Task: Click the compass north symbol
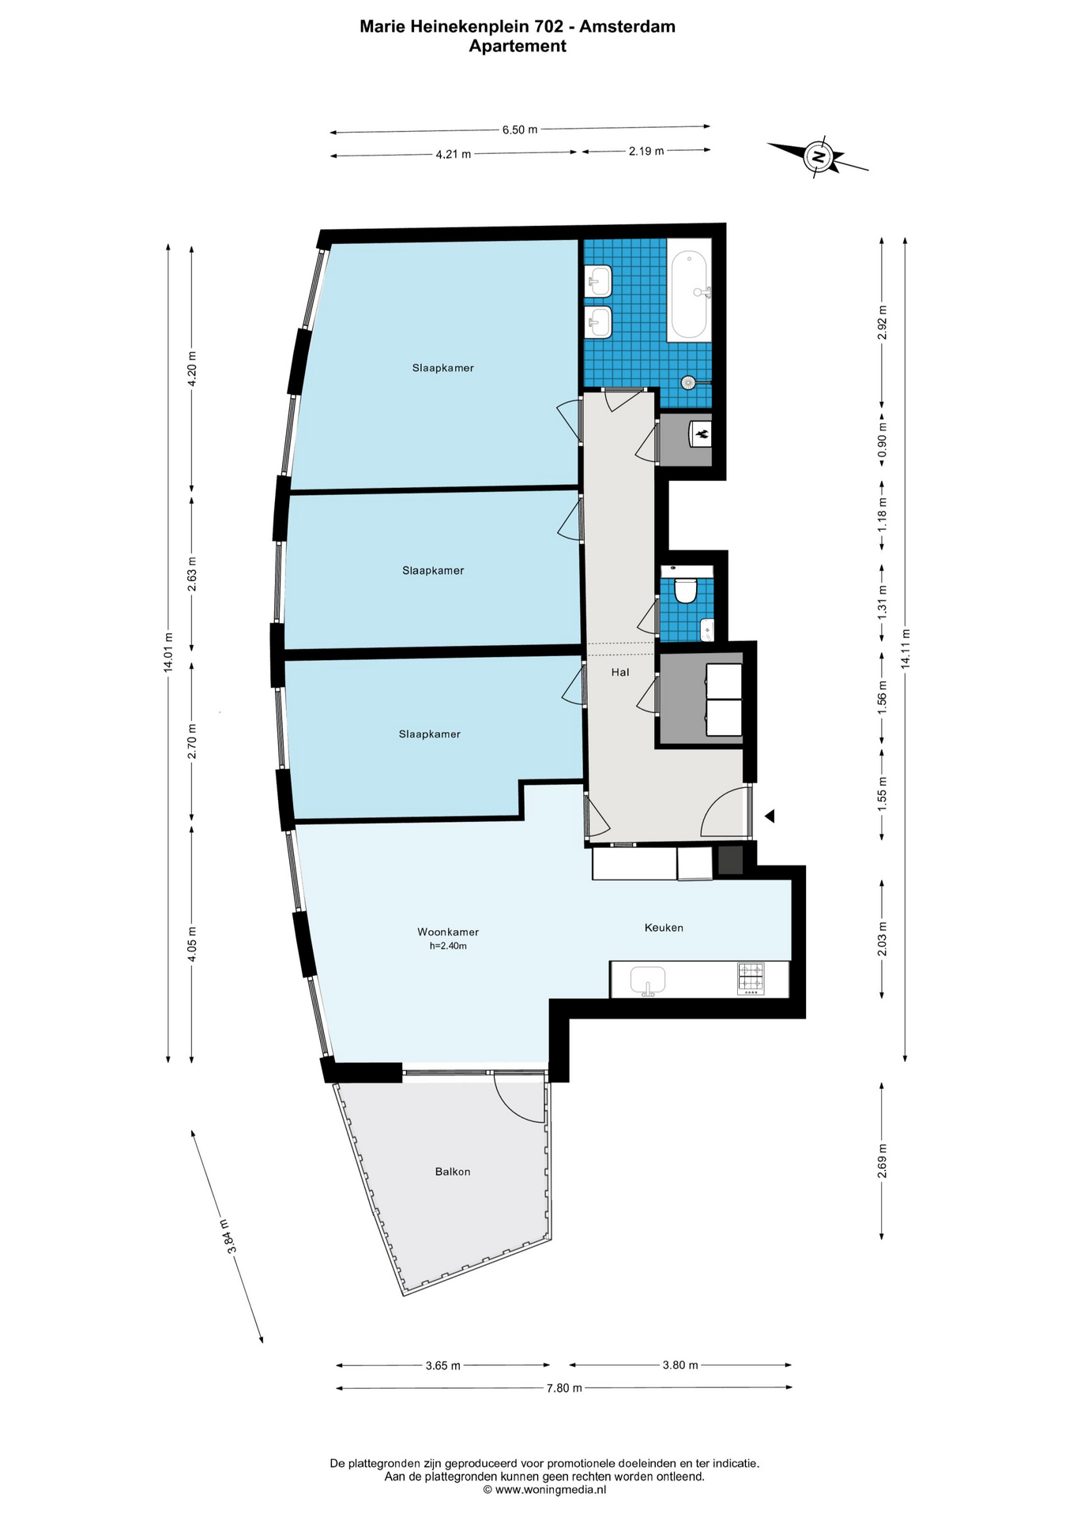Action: click(819, 157)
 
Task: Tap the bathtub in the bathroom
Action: click(689, 295)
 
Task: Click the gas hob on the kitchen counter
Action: click(751, 978)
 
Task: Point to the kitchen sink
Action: click(648, 981)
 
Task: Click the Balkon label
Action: click(453, 1172)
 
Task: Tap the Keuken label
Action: click(664, 928)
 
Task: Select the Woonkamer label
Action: click(448, 932)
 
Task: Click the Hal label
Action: click(620, 673)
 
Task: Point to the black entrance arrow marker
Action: click(769, 816)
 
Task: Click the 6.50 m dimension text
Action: click(520, 129)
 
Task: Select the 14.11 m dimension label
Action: click(905, 649)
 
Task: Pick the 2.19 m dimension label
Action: click(646, 151)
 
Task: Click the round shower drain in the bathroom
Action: click(688, 383)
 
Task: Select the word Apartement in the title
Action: click(518, 46)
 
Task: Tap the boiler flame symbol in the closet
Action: click(700, 433)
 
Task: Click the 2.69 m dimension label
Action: click(882, 1161)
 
